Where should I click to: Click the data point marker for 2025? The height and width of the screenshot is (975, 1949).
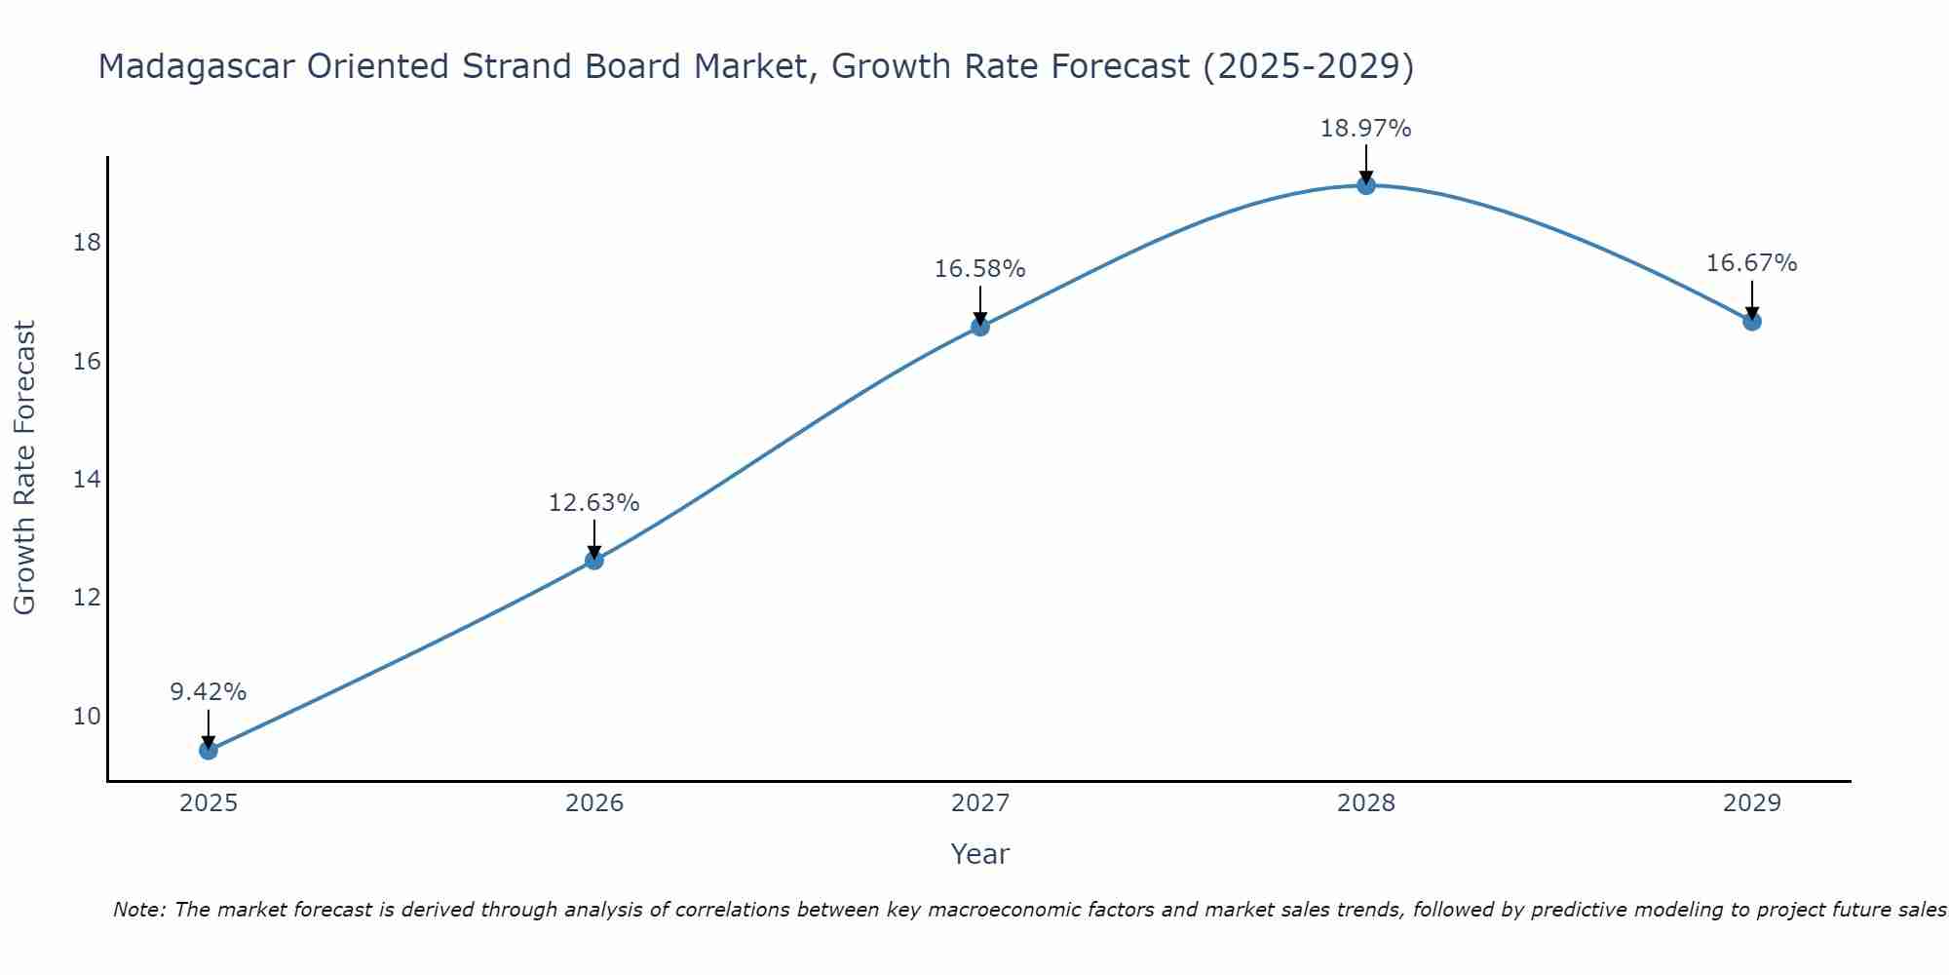pos(209,750)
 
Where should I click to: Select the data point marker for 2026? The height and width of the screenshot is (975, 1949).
pos(594,560)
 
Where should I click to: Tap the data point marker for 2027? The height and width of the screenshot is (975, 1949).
pos(980,327)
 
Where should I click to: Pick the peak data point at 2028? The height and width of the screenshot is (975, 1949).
pos(1366,185)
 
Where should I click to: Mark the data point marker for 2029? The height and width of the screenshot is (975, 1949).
pos(1752,321)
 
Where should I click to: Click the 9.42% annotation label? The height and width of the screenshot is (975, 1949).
pos(209,692)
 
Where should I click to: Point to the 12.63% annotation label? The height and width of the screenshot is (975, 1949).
pos(594,503)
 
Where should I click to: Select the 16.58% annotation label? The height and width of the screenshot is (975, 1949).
pos(980,269)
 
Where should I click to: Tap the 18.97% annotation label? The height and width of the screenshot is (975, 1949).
pos(1366,129)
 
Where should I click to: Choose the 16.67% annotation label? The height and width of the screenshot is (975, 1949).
pos(1752,263)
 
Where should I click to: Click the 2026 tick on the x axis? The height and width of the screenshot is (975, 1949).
pos(594,803)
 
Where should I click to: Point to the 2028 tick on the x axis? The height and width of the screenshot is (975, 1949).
pos(1366,803)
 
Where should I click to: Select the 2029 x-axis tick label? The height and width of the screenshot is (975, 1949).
pos(1752,803)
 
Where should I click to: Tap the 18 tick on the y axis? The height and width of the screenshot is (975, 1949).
pos(87,243)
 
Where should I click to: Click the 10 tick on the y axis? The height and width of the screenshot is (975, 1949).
pos(87,717)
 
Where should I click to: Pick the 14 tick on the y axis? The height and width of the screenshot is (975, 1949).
pos(87,480)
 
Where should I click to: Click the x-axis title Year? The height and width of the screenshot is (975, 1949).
pos(980,854)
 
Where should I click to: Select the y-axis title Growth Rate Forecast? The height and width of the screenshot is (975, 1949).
pos(24,468)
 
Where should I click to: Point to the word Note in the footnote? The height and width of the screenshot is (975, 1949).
pos(139,910)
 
